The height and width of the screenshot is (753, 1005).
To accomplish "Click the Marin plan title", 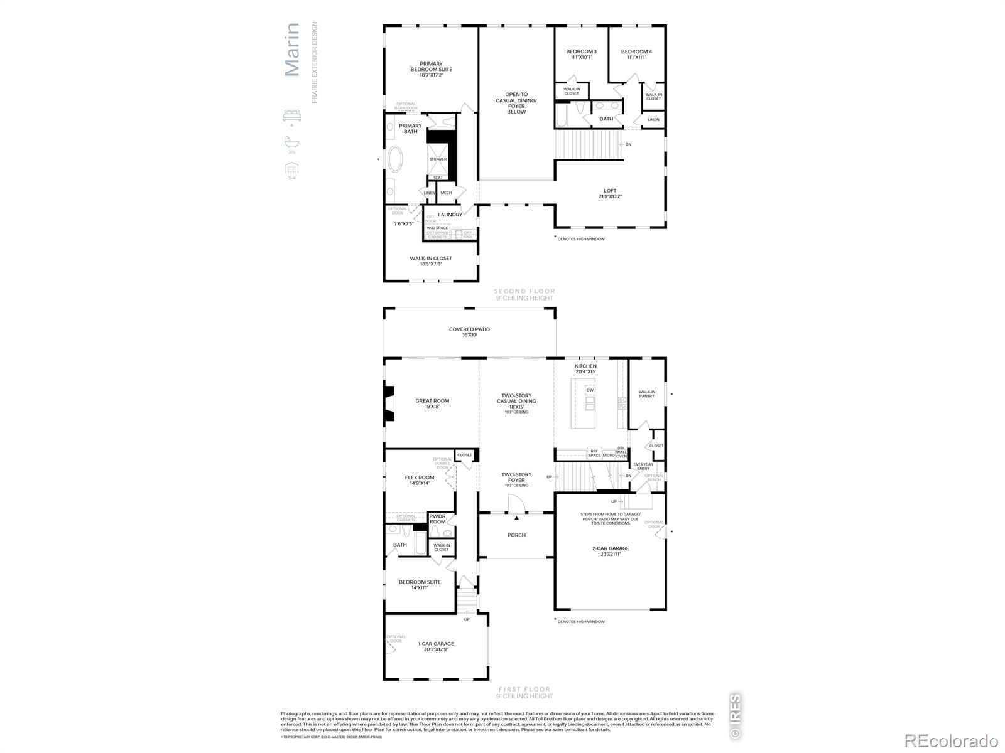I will [293, 50].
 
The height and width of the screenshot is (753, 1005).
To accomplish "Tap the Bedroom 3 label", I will [581, 51].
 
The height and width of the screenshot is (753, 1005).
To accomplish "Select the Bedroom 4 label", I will [636, 51].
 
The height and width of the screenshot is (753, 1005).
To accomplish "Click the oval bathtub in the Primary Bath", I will [396, 159].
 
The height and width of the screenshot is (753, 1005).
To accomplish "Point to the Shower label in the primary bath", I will [438, 159].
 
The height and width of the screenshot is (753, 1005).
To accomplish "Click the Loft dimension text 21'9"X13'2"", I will [610, 196].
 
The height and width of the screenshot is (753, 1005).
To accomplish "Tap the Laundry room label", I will [450, 215].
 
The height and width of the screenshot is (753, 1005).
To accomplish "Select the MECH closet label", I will [446, 193].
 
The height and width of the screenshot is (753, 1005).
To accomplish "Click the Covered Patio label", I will [469, 329].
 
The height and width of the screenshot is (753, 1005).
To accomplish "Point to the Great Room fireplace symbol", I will [389, 403].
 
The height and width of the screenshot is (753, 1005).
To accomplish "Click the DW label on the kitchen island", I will [590, 390].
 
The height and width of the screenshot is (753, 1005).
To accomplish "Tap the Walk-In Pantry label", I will [647, 394].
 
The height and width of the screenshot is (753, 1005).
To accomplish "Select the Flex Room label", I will [419, 478].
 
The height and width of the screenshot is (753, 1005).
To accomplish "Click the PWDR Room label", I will [437, 519].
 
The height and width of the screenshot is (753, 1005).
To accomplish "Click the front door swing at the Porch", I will [515, 503].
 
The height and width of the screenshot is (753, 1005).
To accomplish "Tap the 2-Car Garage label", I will [610, 548].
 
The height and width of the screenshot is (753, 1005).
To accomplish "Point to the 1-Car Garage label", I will [436, 644].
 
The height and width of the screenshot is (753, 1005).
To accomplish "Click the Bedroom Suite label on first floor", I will [420, 582].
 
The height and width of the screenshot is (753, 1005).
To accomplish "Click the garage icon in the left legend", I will [291, 168].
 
